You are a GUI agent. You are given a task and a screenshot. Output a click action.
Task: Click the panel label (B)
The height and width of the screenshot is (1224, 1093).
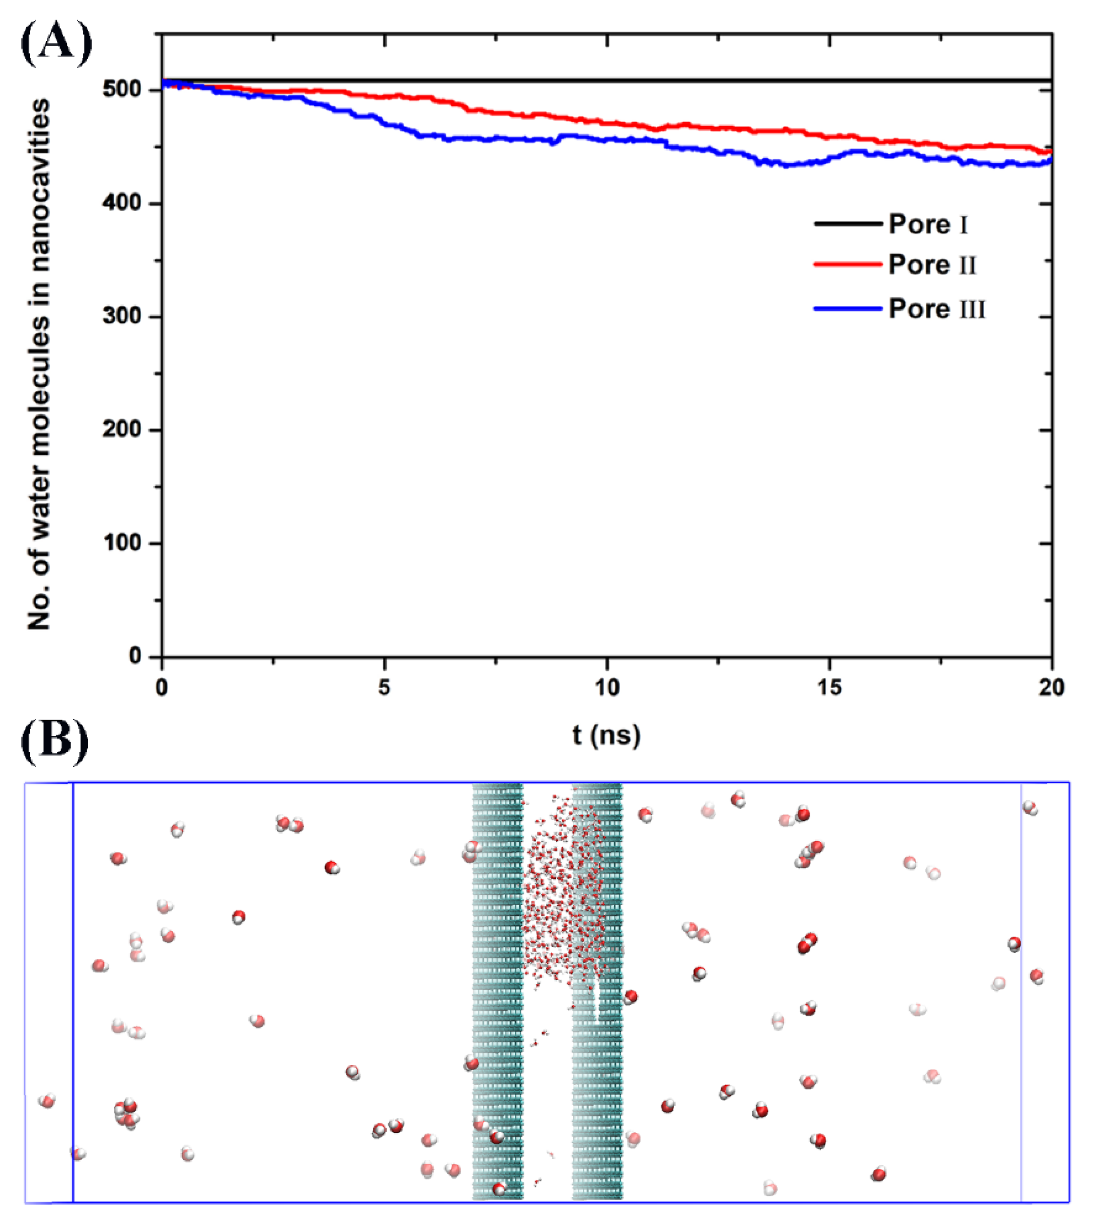[x=54, y=742]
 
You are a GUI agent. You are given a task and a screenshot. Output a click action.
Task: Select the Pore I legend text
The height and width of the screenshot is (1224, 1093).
[x=928, y=225]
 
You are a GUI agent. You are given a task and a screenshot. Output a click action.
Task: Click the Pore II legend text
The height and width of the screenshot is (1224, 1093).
[x=932, y=265]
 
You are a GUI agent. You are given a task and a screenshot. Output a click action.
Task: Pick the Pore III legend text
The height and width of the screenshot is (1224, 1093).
[x=937, y=309]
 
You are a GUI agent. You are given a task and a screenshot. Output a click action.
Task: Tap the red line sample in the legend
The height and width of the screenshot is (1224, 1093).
[x=847, y=264]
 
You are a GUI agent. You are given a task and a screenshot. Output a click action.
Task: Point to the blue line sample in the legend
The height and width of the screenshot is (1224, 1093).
[x=847, y=308]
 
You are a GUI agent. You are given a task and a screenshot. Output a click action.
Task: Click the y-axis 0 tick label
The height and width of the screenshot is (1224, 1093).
[x=135, y=656]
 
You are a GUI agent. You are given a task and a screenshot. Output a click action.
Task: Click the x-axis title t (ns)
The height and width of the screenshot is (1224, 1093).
[x=606, y=735]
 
